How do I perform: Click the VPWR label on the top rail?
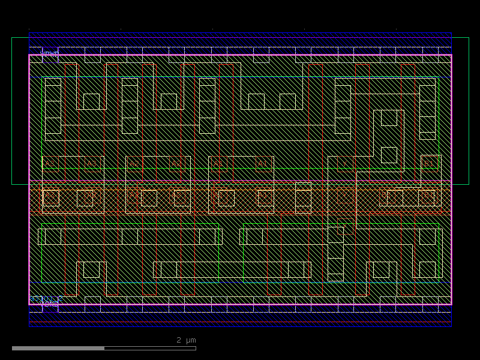tap(50, 54)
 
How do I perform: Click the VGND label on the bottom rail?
tap(50, 304)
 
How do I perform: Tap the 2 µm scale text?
tap(186, 340)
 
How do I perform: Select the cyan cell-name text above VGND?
tap(46, 298)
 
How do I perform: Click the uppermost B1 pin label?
tap(429, 163)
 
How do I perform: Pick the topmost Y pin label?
tap(345, 163)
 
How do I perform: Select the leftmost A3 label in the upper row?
tap(50, 163)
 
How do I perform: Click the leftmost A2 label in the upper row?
tap(134, 163)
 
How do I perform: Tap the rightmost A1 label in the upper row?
tap(263, 163)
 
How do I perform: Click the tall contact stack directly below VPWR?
tap(53, 106)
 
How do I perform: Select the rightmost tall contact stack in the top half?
tap(427, 109)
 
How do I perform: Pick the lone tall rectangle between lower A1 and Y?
tap(303, 197)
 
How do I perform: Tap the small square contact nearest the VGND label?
tap(91, 269)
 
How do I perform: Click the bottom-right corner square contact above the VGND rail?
tap(427, 269)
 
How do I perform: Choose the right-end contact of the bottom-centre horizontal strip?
tap(296, 269)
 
